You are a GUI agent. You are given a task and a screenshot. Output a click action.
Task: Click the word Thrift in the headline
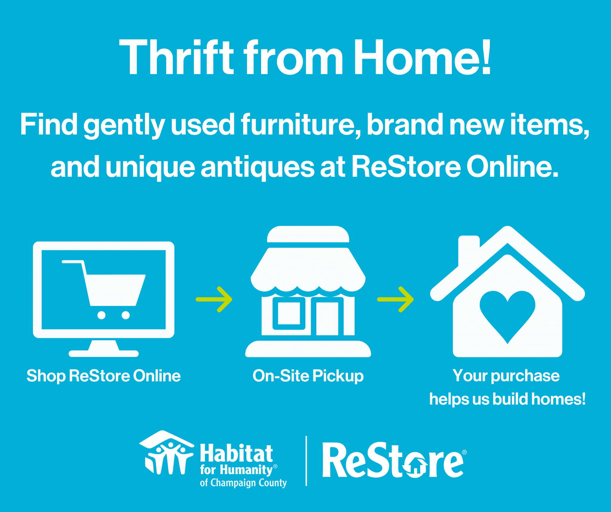coord(176,58)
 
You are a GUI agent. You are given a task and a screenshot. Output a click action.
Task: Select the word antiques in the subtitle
coord(257,167)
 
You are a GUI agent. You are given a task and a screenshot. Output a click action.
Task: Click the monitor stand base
coord(104,353)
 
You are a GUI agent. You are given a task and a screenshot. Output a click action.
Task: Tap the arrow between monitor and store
coord(214,299)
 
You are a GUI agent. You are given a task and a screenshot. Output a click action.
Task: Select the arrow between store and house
coord(396,299)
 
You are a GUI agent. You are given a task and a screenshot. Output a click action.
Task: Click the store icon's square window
coord(289,313)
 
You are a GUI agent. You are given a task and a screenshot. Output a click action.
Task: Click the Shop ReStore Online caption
coord(104,376)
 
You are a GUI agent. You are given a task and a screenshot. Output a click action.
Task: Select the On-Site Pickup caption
coord(308,376)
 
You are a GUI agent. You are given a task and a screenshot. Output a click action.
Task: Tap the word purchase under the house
coord(525,376)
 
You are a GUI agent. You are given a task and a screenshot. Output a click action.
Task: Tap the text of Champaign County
coord(243,483)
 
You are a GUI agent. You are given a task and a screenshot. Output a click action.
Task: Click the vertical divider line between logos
coord(306,461)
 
